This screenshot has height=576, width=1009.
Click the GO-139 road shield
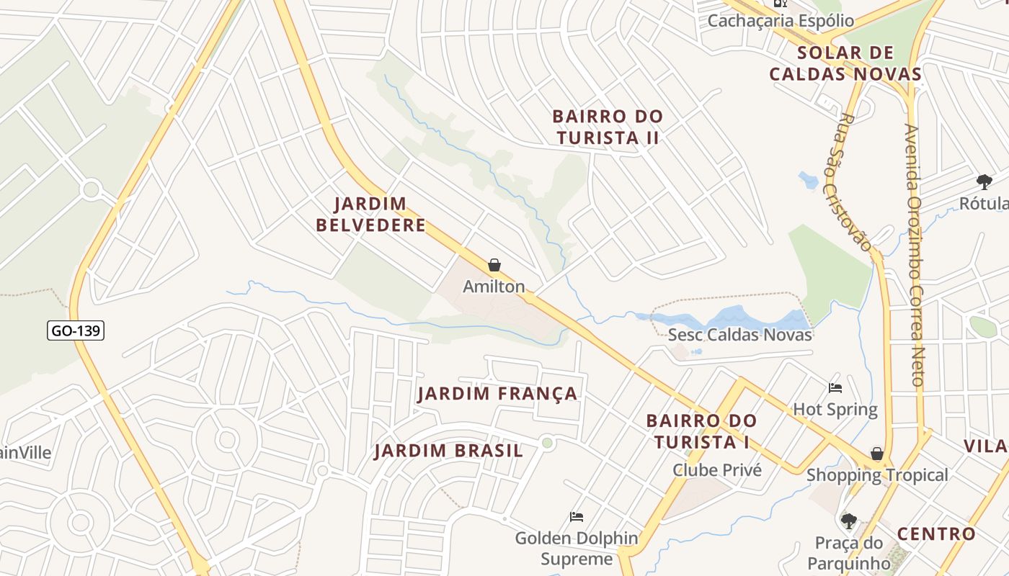[x=76, y=330]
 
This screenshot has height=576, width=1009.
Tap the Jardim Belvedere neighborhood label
[x=370, y=215]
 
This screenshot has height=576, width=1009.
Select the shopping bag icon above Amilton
[x=494, y=265]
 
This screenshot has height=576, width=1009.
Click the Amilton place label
[x=494, y=287]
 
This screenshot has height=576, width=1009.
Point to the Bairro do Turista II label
[x=607, y=127]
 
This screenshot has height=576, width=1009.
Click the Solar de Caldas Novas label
[x=845, y=63]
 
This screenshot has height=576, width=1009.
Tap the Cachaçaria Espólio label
[x=780, y=21]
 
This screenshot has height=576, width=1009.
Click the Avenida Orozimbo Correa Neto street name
[x=915, y=256]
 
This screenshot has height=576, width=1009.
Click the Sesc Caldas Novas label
[x=739, y=335]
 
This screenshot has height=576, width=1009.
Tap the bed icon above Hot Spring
[x=835, y=388]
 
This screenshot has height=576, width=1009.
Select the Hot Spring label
[x=835, y=410]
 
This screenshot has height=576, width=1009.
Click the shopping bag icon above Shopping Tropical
[x=877, y=454]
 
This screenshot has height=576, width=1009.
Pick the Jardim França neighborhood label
[x=497, y=394]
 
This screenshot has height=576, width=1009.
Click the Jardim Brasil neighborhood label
[x=448, y=451]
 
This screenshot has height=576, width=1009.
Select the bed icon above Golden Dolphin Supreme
[x=577, y=517]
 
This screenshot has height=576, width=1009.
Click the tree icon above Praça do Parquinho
[x=849, y=521]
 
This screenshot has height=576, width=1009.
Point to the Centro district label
[x=936, y=534]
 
